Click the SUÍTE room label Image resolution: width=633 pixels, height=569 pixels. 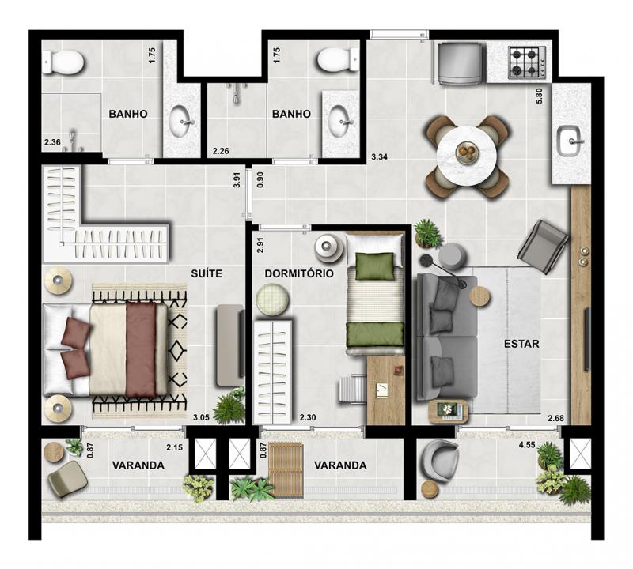click(x=207, y=273)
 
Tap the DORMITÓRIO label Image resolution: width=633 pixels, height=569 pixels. click(x=299, y=273)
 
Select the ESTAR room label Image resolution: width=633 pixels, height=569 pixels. click(x=521, y=344)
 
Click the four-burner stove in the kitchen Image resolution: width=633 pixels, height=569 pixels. click(x=527, y=62)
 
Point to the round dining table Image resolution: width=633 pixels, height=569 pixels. click(x=467, y=153)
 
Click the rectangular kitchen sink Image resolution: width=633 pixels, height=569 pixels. click(x=570, y=141)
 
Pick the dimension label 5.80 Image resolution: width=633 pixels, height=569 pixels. click(x=539, y=96)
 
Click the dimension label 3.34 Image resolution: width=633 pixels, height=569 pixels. click(x=379, y=156)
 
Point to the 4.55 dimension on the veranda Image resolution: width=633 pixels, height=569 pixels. click(x=527, y=445)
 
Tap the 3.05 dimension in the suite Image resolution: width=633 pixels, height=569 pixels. click(x=201, y=418)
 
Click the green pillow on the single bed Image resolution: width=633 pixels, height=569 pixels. click(x=374, y=266)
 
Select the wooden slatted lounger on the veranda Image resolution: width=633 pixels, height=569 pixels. click(x=286, y=469)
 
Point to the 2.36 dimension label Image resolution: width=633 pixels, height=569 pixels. click(x=52, y=142)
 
